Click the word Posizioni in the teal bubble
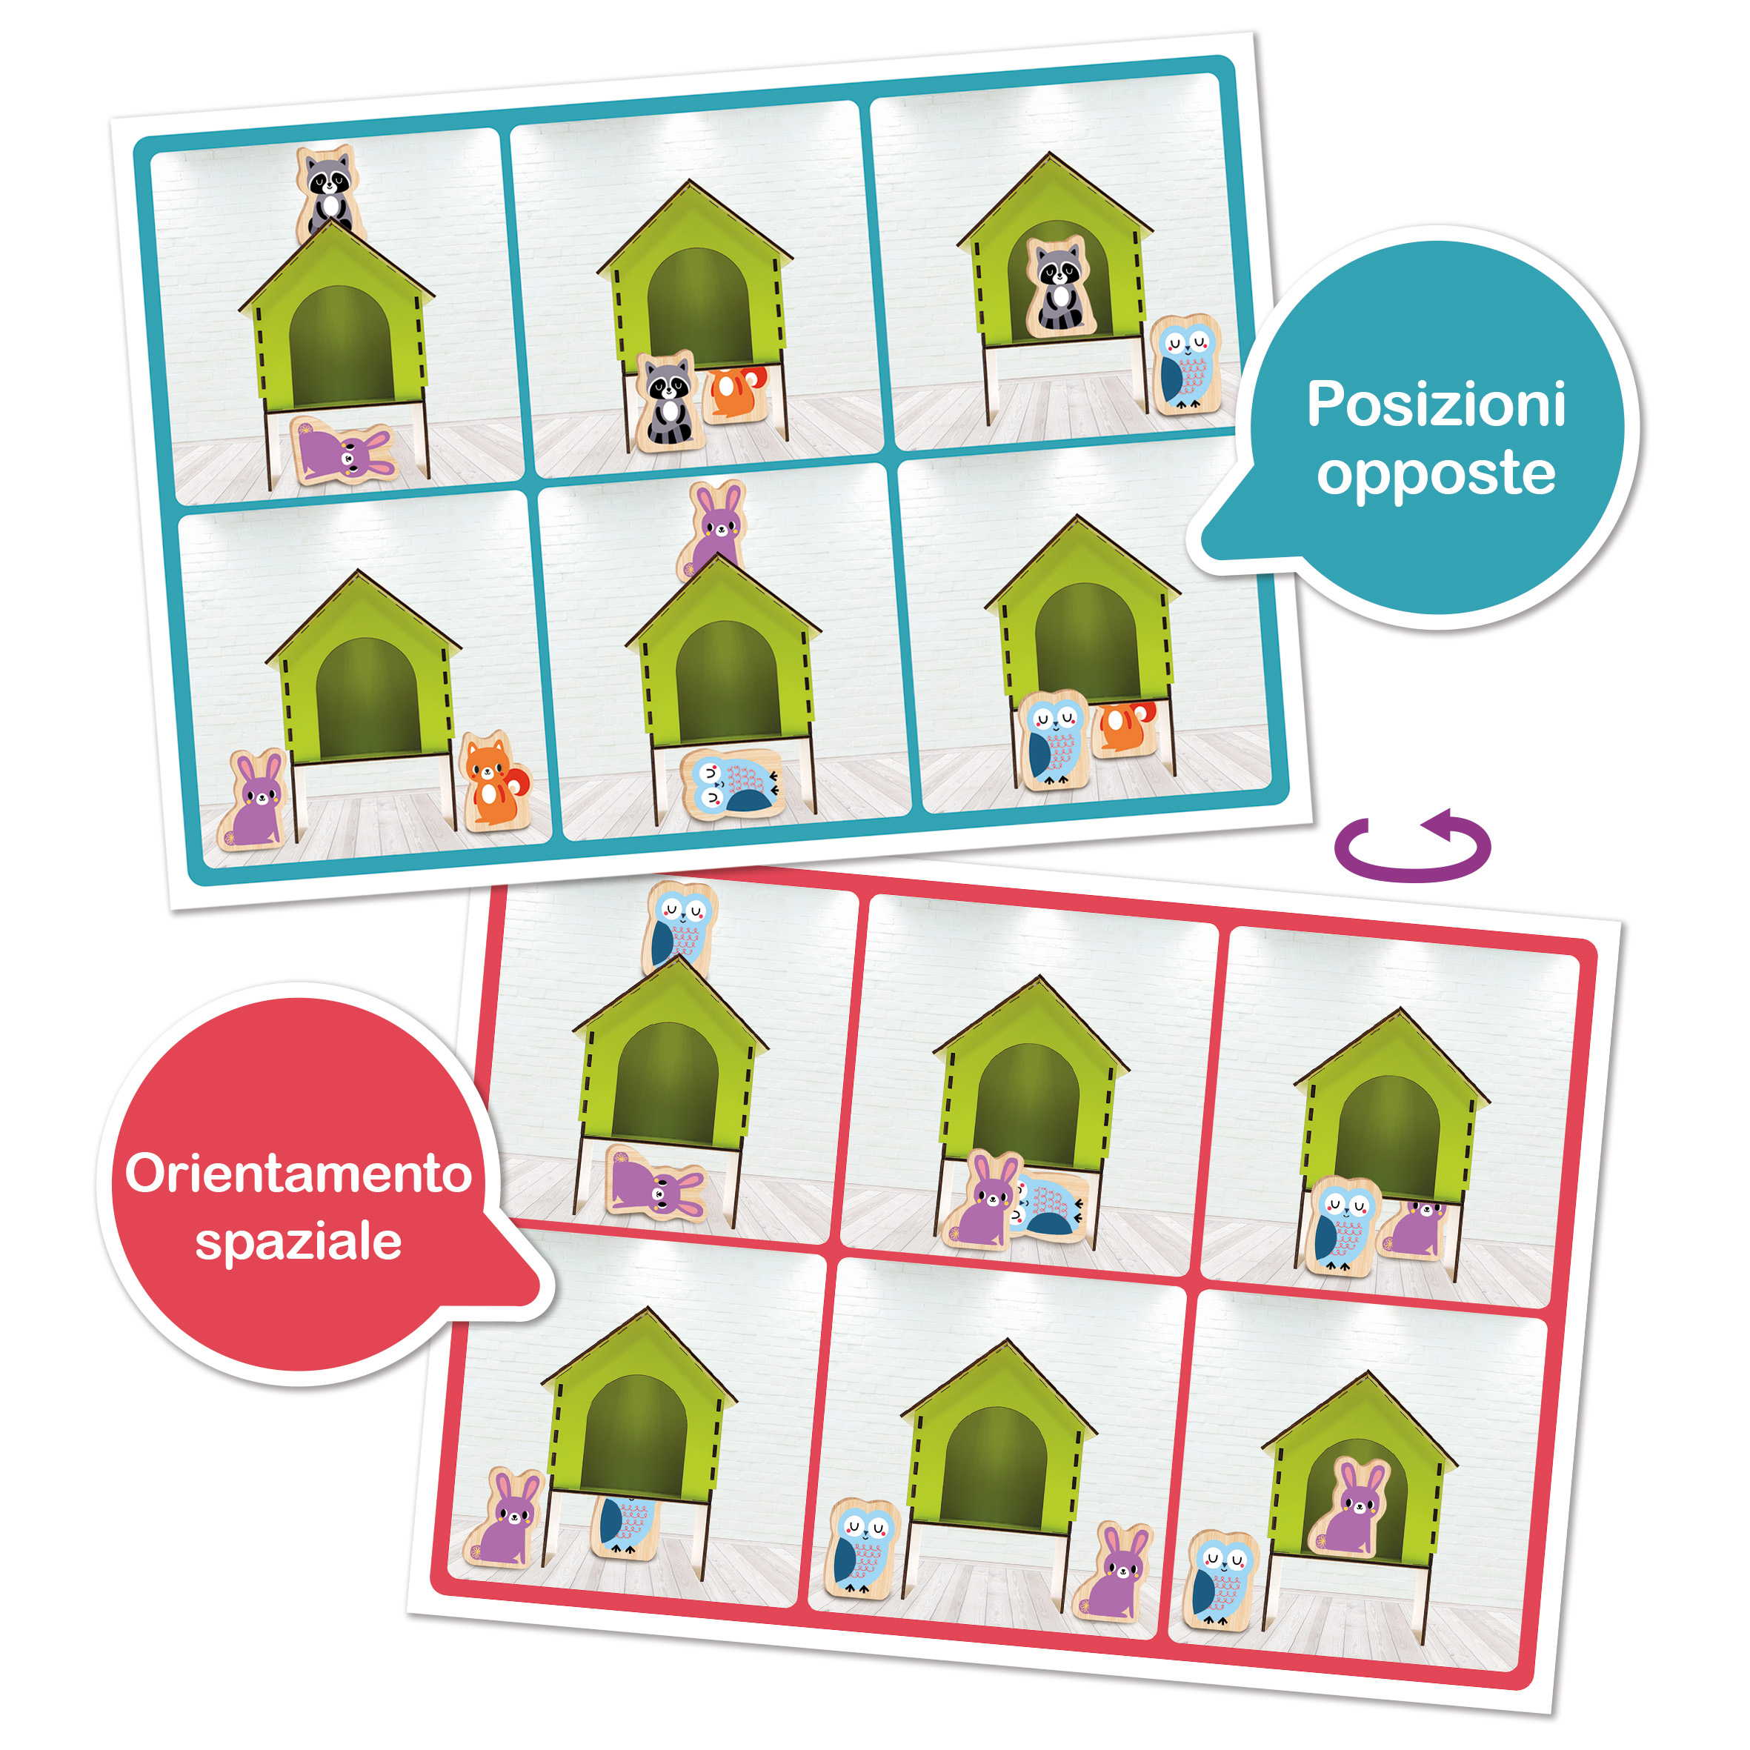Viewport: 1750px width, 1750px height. [x=1436, y=404]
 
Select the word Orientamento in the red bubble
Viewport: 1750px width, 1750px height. [x=298, y=1174]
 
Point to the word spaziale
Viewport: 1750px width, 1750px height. [x=299, y=1242]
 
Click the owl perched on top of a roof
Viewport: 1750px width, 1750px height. [x=680, y=928]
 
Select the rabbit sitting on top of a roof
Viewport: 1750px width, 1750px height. [x=713, y=530]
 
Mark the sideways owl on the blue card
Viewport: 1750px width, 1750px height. [x=732, y=784]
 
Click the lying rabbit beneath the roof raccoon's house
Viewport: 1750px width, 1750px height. [x=345, y=450]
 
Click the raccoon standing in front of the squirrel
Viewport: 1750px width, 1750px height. [x=667, y=402]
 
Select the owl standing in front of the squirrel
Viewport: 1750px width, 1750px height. [x=1054, y=740]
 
